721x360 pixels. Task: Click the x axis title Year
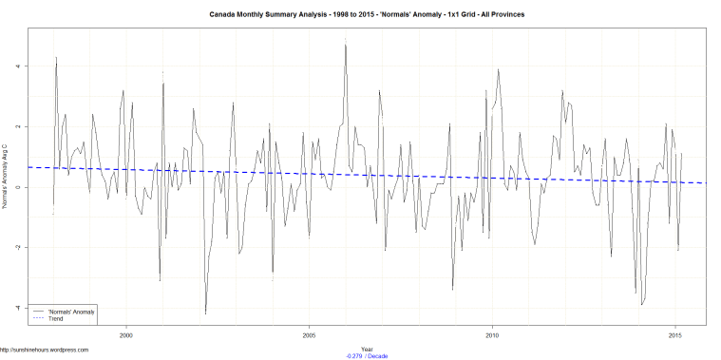coord(367,349)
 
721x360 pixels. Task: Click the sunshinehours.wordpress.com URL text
coord(46,351)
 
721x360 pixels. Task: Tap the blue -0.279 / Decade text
coord(368,355)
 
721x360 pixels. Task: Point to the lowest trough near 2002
coord(205,313)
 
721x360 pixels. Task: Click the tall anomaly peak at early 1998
coord(56,58)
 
